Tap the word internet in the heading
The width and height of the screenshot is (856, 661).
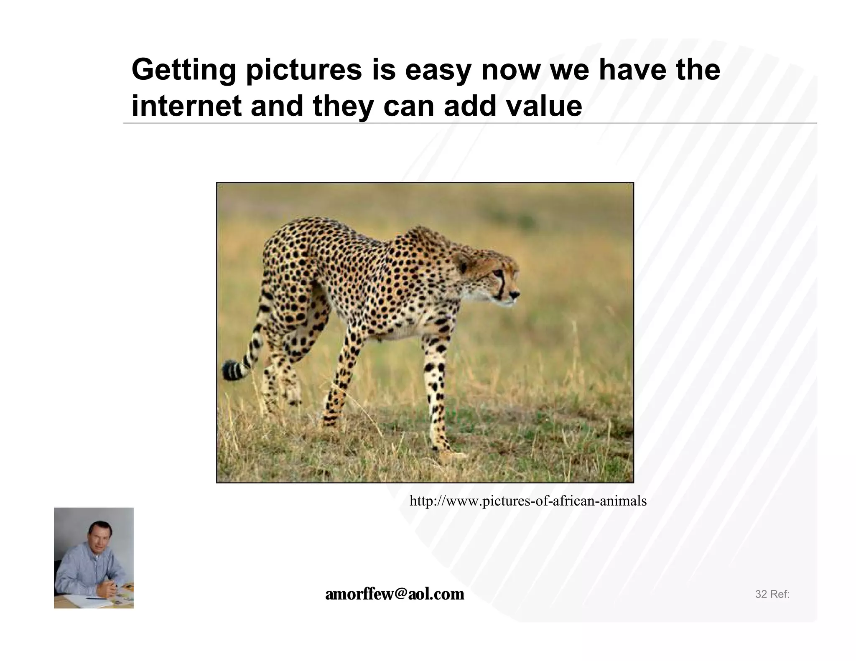186,106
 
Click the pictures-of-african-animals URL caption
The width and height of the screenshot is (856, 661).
527,501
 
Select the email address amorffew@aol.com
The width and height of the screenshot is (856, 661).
395,594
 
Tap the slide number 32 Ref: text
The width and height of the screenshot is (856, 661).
772,594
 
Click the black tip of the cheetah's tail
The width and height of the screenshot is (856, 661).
229,370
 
